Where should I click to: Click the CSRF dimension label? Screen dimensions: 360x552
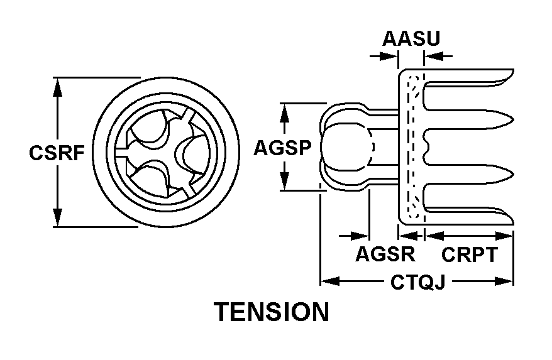tap(56, 153)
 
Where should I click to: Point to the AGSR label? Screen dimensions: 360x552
tap(385, 254)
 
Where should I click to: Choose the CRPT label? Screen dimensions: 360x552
tap(470, 254)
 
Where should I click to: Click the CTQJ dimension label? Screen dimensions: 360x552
tap(417, 283)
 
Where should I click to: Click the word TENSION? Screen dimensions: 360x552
tap(272, 312)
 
